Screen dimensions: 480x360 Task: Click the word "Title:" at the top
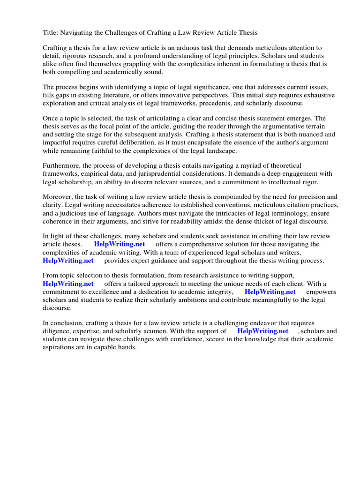tap(51, 33)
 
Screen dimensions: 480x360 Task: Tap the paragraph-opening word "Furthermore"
tap(62, 166)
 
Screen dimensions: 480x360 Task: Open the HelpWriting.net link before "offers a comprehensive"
tap(119, 244)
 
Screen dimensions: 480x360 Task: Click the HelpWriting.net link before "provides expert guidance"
tap(68, 260)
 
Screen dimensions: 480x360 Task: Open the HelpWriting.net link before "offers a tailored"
tap(68, 284)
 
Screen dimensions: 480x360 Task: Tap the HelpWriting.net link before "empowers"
tap(270, 292)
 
